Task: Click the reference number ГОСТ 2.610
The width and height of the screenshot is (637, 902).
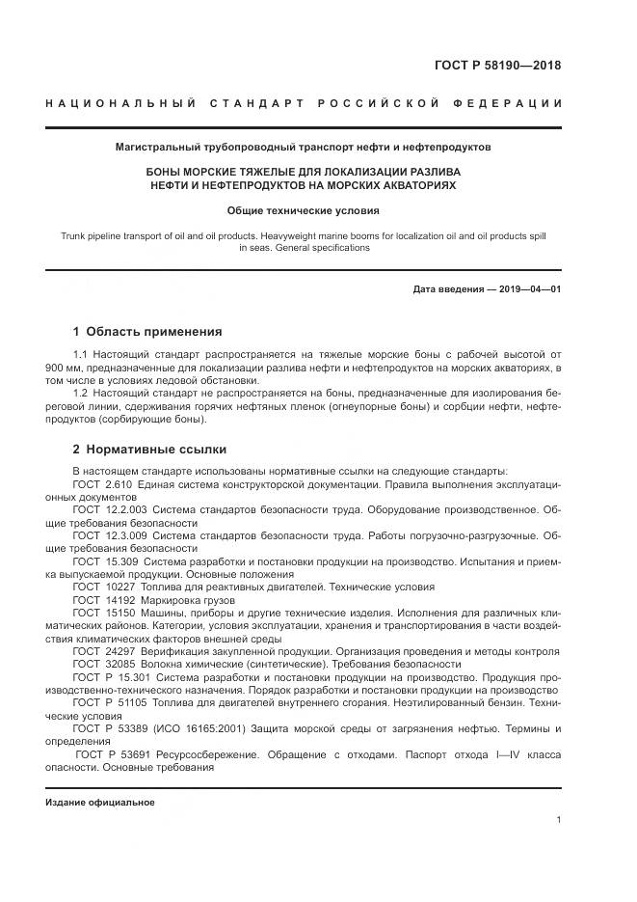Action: [x=102, y=482]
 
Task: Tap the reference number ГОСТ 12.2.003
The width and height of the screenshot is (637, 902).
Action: [x=109, y=507]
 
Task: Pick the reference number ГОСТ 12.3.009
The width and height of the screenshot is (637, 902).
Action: [x=109, y=533]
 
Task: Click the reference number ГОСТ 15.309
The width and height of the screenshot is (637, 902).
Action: [x=105, y=560]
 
